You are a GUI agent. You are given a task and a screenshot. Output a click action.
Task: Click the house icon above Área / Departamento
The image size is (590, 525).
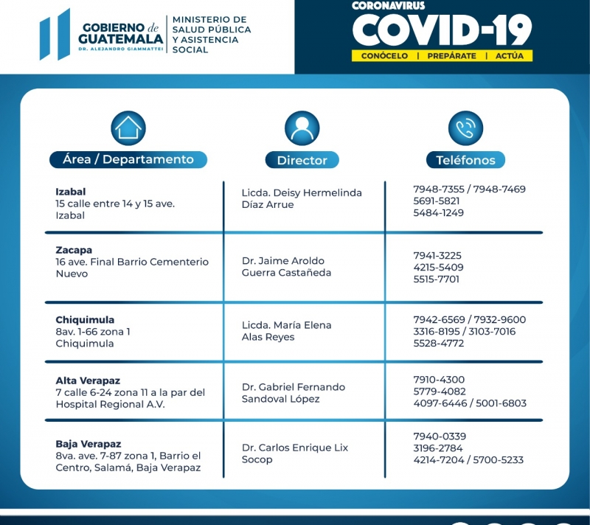128,128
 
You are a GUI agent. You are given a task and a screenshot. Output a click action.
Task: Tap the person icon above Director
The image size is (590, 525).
302,128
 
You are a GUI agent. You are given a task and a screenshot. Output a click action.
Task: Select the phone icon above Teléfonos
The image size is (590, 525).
465,128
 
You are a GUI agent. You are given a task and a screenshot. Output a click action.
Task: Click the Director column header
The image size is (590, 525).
302,160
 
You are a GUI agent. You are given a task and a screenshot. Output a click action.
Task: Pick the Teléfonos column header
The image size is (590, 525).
465,160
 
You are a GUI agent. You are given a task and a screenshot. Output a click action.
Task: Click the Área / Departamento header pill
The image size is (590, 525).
128,159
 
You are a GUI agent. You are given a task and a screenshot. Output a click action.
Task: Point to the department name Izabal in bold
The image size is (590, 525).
71,192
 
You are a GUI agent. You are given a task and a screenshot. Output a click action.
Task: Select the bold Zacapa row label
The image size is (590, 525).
74,250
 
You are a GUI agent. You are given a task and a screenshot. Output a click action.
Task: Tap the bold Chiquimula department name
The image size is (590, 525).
85,320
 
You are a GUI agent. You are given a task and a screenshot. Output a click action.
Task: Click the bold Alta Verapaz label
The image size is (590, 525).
88,380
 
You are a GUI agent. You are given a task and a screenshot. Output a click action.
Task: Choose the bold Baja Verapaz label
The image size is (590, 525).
88,444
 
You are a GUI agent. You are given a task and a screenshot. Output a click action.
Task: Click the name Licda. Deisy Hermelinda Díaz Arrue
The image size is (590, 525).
302,198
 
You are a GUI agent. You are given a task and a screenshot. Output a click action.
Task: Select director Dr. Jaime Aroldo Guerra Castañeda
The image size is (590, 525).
287,266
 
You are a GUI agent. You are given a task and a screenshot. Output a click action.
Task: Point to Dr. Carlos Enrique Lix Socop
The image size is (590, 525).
295,453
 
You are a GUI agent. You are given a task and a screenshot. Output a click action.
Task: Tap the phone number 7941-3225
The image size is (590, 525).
437,255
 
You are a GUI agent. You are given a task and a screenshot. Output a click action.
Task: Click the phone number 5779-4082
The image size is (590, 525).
439,392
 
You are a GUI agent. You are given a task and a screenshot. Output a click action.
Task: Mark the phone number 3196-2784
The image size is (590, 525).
438,448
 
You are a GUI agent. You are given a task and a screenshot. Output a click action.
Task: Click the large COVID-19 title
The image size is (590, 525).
442,30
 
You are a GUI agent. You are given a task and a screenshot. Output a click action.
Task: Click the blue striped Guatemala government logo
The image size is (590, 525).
55,35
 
